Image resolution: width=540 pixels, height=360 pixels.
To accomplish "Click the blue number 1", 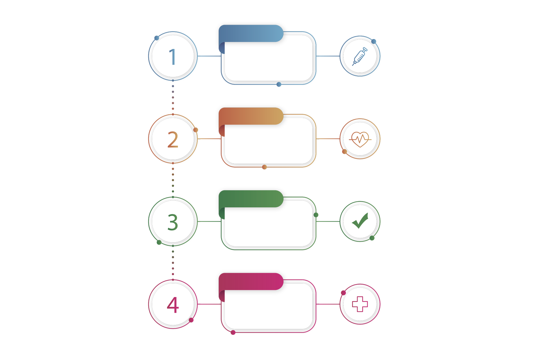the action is point(172,57).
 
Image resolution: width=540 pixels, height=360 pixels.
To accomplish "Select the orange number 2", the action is point(173,140).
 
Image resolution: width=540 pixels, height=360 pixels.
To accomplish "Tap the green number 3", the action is point(173,222).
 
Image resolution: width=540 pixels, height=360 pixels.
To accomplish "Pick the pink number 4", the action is point(173,305).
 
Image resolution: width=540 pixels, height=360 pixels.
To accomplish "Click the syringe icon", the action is point(360,56).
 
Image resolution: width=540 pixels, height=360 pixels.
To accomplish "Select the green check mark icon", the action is point(360,221).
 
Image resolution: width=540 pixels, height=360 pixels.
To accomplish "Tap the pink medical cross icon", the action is point(360,304).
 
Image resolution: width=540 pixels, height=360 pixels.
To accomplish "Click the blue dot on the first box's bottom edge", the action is point(279,84).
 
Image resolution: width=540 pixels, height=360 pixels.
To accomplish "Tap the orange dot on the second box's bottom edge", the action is point(264,167).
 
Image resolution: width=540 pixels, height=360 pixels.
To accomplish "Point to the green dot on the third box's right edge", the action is point(316,215).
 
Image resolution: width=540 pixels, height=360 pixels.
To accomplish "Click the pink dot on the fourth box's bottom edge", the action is point(233,333).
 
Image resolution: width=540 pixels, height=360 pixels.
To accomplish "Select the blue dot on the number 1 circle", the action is point(157,38).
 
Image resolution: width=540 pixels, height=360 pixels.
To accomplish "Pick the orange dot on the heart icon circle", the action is point(345,152).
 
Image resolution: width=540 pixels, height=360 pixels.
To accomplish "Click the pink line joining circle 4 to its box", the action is point(209,304).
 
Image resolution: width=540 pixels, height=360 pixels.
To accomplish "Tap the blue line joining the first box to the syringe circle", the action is point(328,56).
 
